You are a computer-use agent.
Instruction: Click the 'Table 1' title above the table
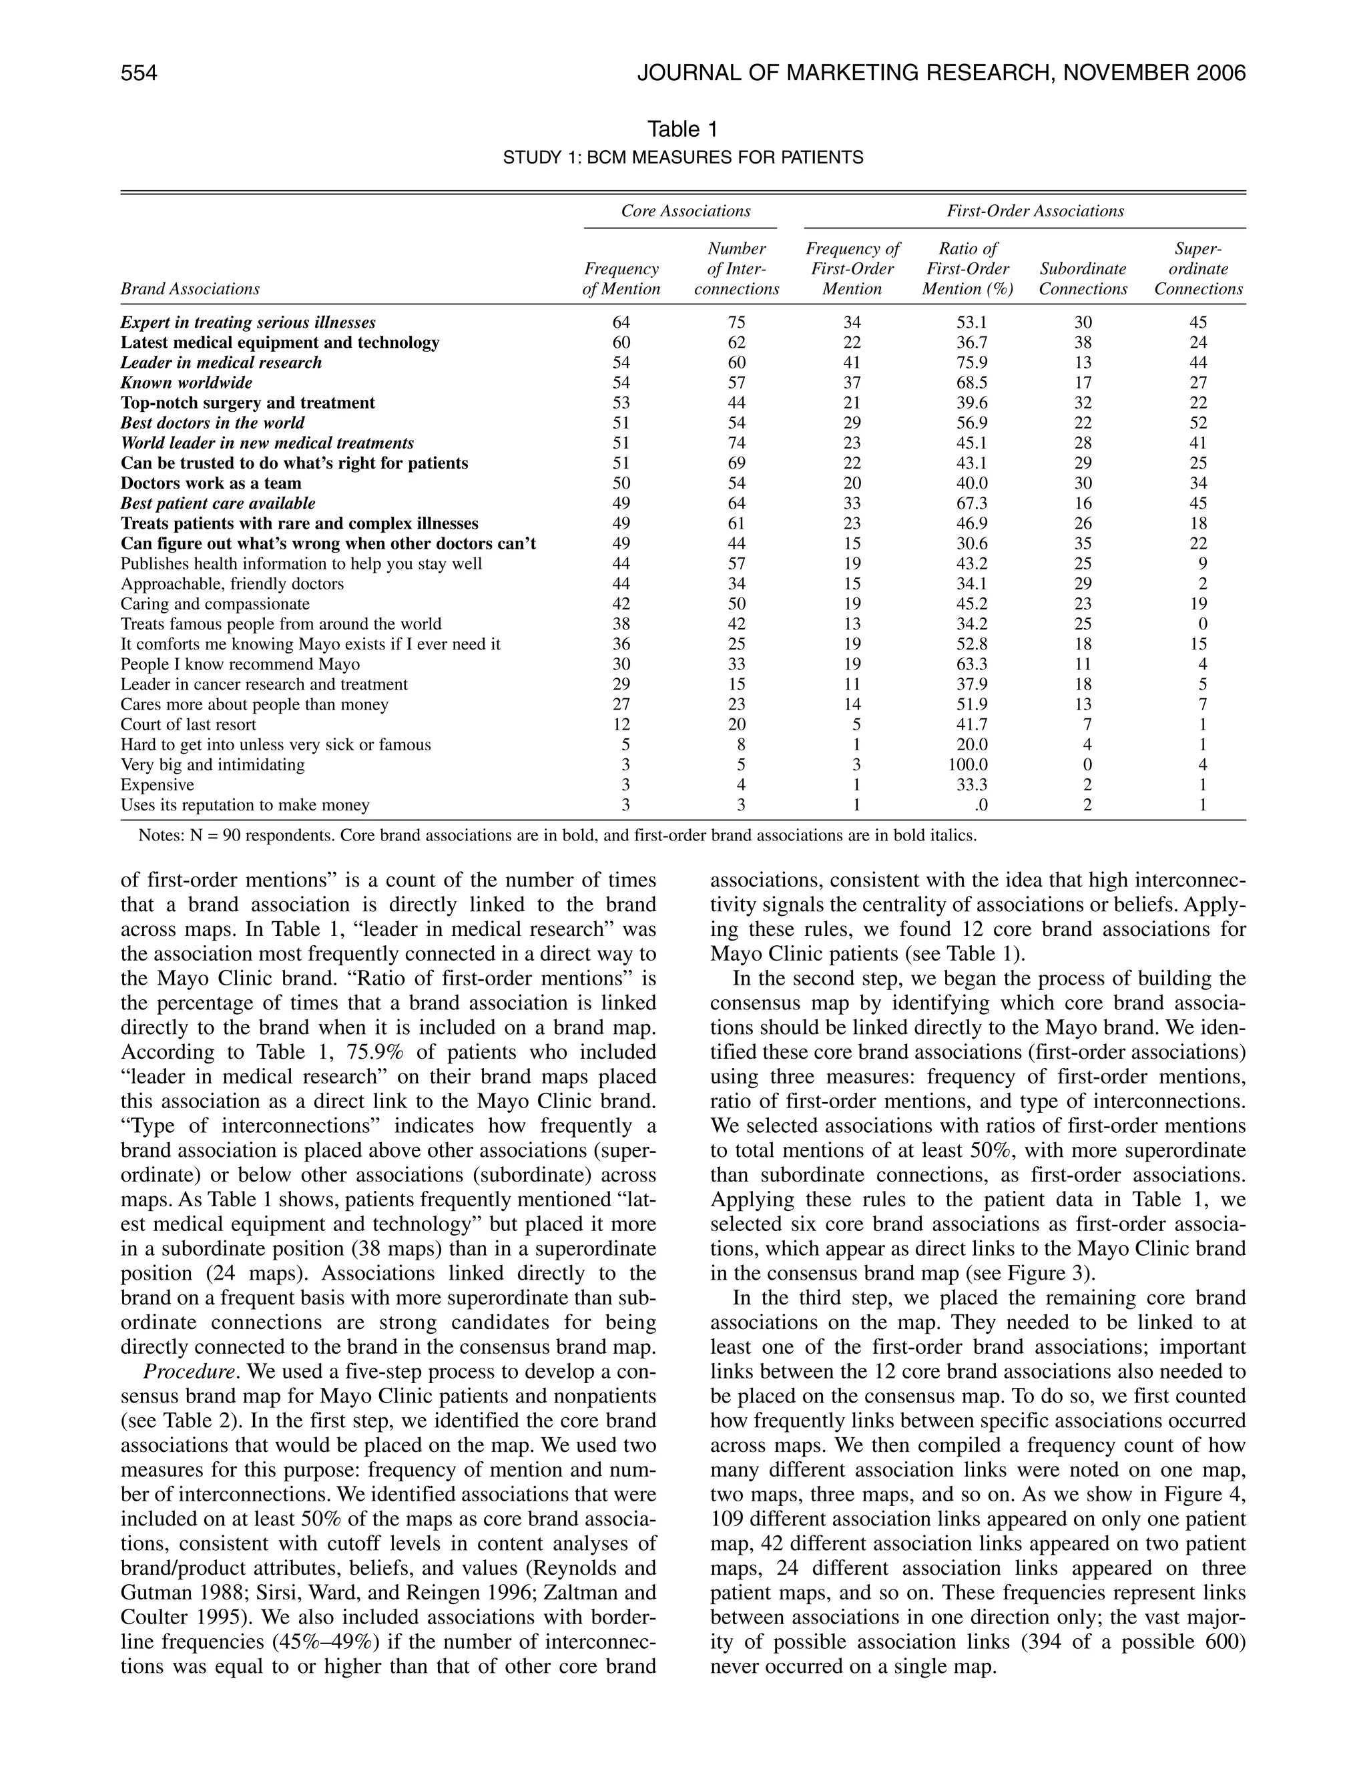(x=683, y=129)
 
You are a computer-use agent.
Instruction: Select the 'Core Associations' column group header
(x=685, y=212)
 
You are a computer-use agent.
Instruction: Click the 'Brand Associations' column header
(x=190, y=289)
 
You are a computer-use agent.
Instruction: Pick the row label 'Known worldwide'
(x=186, y=383)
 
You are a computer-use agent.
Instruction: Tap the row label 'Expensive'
(x=157, y=785)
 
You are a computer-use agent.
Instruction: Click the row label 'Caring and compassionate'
(x=215, y=604)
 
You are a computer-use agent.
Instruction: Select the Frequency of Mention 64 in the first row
(x=621, y=322)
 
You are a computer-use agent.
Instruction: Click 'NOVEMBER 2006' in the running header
(x=1154, y=73)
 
